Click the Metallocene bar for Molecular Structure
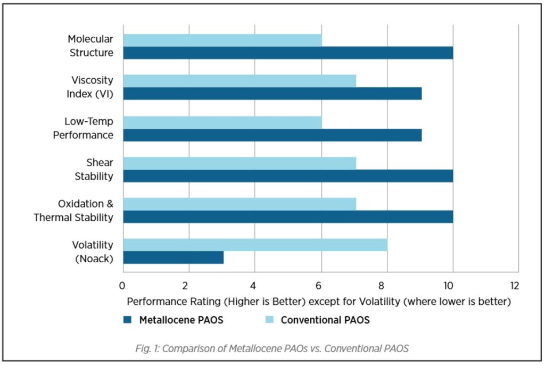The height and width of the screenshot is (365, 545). coord(288,53)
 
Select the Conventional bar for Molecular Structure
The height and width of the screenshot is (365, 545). coord(222,39)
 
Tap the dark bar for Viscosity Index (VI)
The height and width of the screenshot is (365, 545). coord(272,94)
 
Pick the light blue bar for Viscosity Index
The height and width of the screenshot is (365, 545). coord(240,80)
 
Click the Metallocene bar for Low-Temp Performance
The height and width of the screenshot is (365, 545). coord(272,135)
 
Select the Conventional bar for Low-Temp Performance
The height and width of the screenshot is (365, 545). coord(222,122)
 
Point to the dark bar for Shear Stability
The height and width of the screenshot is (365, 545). coord(288,176)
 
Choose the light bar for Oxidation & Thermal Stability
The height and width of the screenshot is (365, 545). coord(240,204)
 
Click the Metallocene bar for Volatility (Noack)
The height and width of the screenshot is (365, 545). coord(173,258)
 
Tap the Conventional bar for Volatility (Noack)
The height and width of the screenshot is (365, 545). coord(255,245)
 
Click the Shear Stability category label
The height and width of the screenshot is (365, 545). coord(94,169)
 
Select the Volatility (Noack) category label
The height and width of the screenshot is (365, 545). coord(93,251)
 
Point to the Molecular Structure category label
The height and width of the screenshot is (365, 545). coord(90,46)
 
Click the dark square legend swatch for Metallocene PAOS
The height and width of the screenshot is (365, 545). coord(127,320)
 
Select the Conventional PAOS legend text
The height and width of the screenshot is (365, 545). coord(325,320)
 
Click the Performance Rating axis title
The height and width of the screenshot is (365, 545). coord(319,302)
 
